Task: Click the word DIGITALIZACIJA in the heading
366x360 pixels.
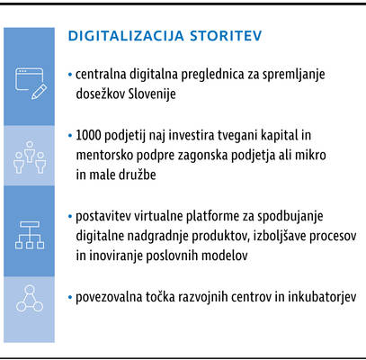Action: pos(126,36)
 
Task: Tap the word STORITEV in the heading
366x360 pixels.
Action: pos(226,36)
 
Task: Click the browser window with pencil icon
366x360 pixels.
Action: pos(31,84)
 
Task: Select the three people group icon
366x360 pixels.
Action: pos(30,157)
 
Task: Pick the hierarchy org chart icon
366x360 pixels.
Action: pos(30,235)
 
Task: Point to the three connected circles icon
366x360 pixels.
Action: pos(30,298)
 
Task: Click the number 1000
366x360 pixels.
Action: pos(88,135)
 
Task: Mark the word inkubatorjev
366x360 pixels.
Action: pos(322,297)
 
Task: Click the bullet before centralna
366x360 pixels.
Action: pos(70,75)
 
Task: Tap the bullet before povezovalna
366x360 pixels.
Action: pos(70,298)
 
